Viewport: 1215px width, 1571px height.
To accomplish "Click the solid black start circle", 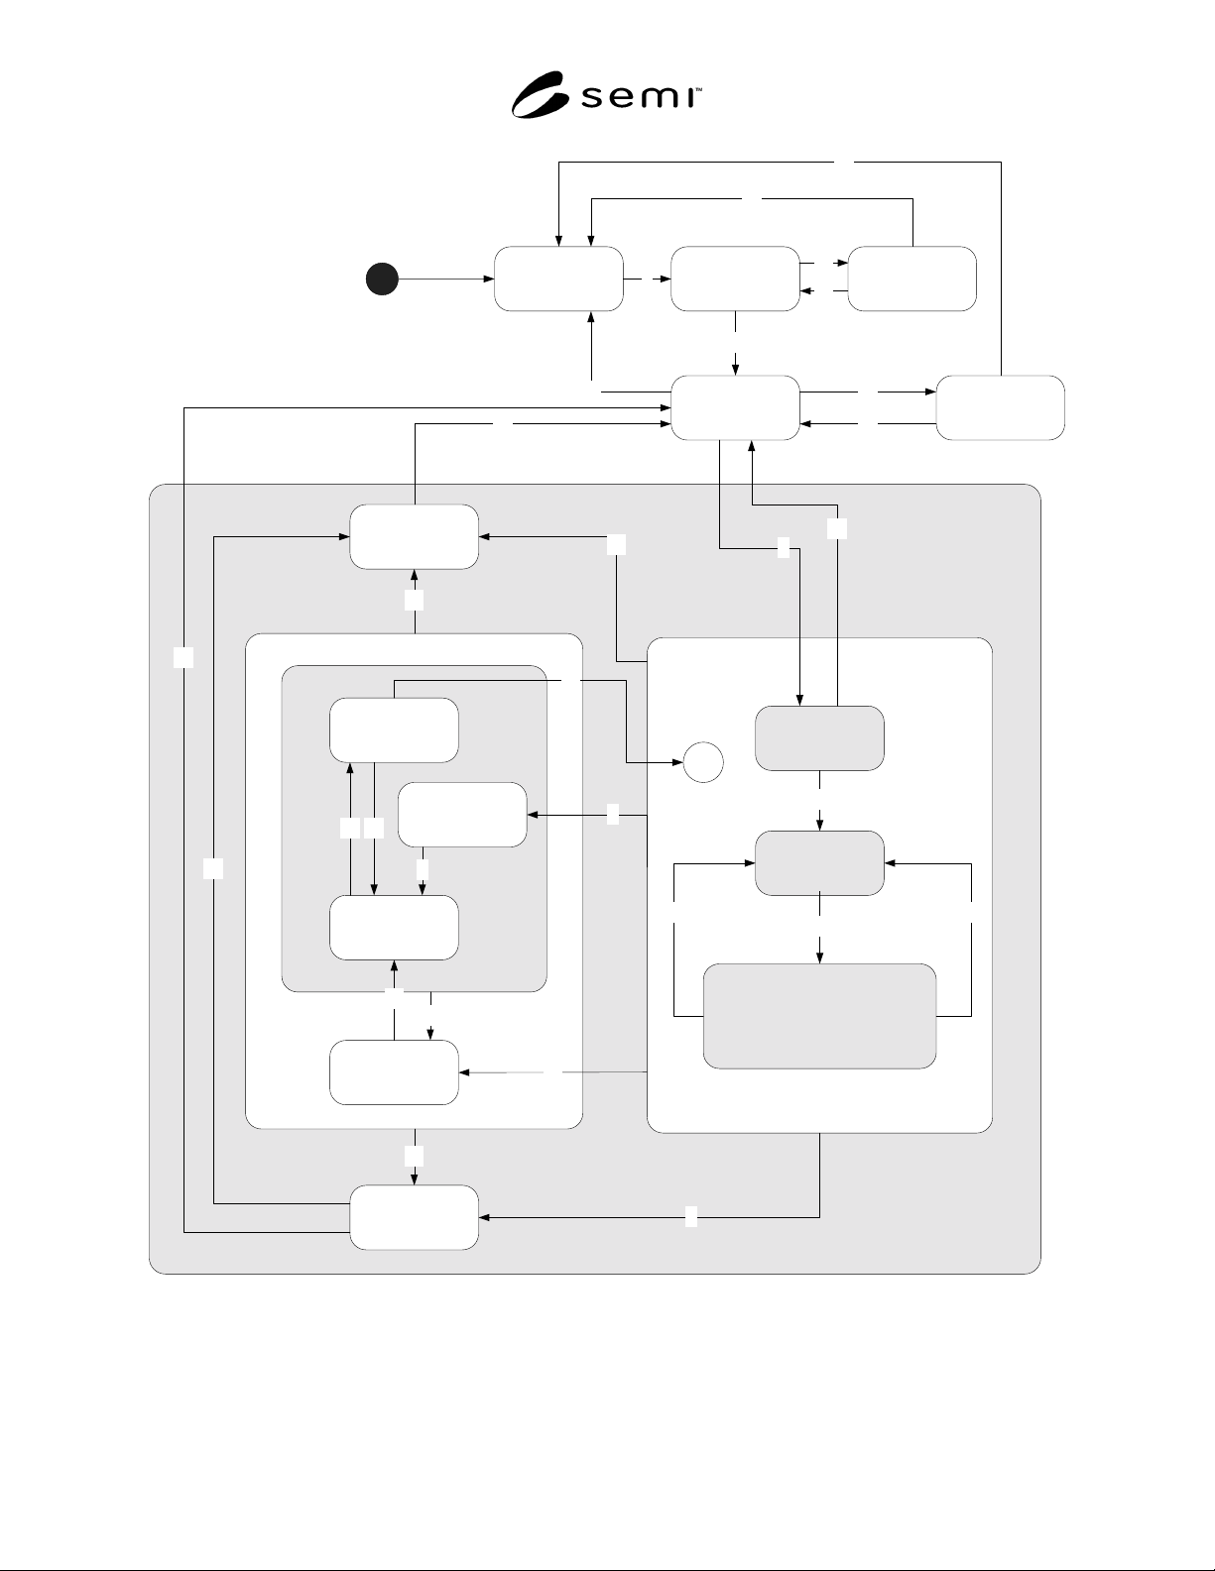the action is click(x=382, y=280).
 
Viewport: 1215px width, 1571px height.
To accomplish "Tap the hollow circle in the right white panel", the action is click(x=703, y=762).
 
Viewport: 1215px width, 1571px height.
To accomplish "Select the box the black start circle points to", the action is click(x=558, y=279).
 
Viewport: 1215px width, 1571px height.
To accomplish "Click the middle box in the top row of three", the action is click(x=735, y=279).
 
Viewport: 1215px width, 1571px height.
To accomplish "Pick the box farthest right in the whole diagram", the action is click(x=1000, y=407).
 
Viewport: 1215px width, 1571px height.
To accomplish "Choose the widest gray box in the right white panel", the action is click(x=819, y=1016).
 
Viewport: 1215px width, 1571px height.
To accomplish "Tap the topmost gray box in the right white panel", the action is click(x=819, y=738).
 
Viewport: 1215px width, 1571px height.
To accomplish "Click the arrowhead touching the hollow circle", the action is click(x=678, y=762).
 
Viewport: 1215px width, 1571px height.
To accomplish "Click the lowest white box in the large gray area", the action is click(x=414, y=1217).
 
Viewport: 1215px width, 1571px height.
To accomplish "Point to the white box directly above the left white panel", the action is click(x=414, y=536).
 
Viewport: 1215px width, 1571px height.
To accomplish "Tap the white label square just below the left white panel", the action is click(x=414, y=1156).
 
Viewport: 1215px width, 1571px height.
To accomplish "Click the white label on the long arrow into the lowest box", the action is click(x=690, y=1217).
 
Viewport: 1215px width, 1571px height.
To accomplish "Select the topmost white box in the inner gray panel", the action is click(x=394, y=729).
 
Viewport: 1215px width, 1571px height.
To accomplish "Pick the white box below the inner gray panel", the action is click(x=394, y=1072).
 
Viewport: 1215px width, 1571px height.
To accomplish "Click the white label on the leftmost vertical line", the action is click(x=183, y=657).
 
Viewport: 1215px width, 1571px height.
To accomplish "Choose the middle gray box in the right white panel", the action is click(x=819, y=863).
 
